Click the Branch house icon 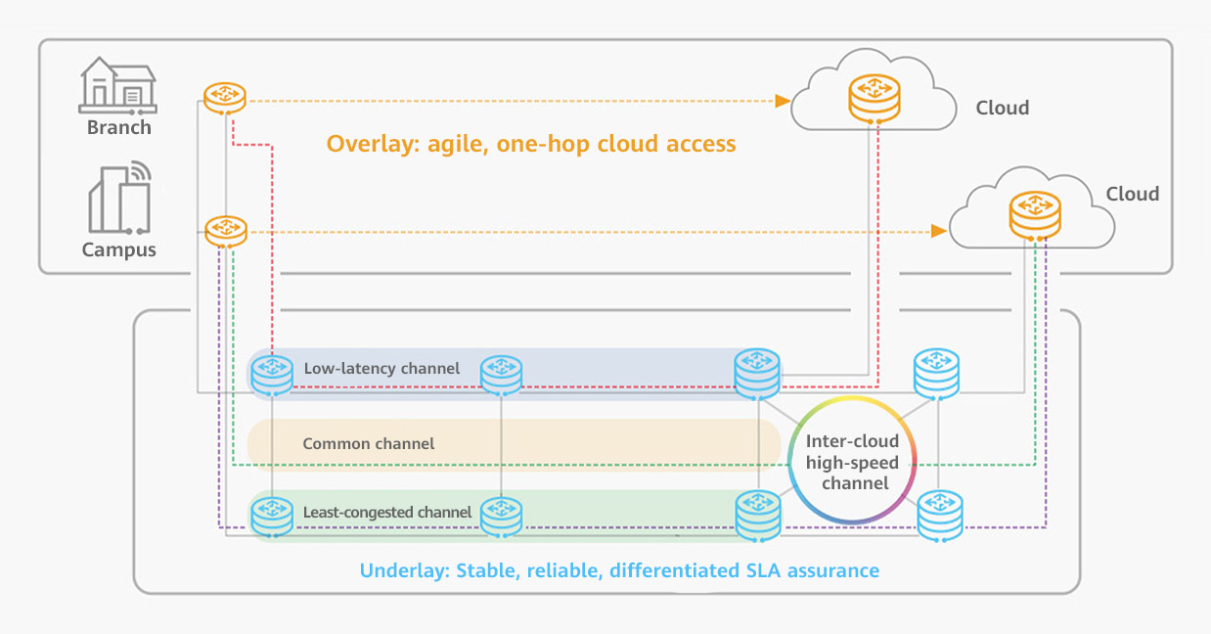[116, 84]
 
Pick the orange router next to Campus [226, 230]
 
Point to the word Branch [119, 127]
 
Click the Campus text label [119, 249]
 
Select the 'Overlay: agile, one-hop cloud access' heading [530, 144]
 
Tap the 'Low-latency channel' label [381, 369]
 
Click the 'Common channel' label [368, 443]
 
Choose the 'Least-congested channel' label [387, 512]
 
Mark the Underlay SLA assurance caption [619, 570]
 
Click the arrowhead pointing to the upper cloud [782, 100]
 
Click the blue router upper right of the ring [936, 374]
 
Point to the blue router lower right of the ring [939, 515]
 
